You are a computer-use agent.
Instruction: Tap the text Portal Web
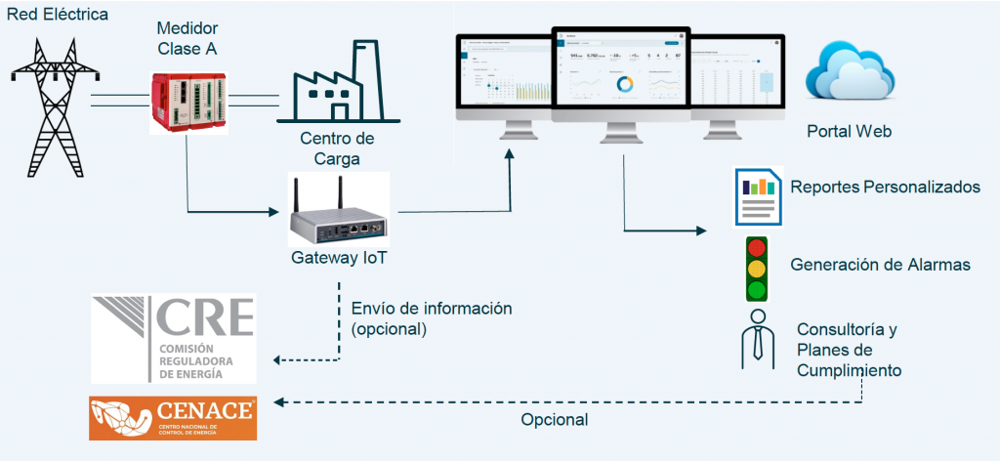click(x=849, y=131)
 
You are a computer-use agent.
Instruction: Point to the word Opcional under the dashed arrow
click(x=554, y=420)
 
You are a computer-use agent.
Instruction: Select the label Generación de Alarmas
click(x=879, y=265)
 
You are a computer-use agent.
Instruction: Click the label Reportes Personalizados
click(x=885, y=187)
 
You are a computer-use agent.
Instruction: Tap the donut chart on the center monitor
click(x=624, y=84)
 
